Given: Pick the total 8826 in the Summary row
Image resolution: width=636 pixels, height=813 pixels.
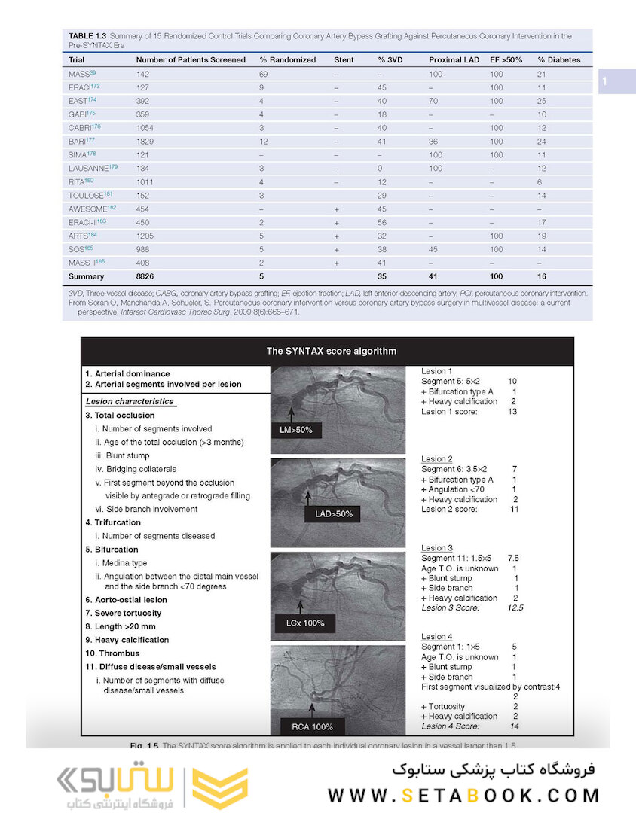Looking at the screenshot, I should (146, 276).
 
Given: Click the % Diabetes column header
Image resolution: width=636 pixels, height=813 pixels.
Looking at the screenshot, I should (558, 59).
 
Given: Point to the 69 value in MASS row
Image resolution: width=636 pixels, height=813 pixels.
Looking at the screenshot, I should (264, 74).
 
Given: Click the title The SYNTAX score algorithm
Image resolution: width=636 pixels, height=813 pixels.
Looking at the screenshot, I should (331, 351).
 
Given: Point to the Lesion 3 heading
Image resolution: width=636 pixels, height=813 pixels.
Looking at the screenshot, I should (437, 548).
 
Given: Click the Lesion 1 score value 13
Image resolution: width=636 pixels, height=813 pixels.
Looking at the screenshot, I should (513, 412).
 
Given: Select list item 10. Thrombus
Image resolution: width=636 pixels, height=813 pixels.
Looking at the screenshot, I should (112, 653).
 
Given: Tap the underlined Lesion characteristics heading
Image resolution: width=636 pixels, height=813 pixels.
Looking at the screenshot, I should (130, 402).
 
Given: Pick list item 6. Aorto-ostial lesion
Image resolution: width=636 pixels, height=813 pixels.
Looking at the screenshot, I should (126, 600).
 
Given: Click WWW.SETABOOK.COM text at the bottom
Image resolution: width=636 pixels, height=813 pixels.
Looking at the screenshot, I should (463, 795).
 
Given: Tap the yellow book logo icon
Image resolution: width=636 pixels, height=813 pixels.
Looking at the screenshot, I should (219, 787).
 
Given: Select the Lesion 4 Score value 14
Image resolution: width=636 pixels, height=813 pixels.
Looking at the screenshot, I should (515, 726).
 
